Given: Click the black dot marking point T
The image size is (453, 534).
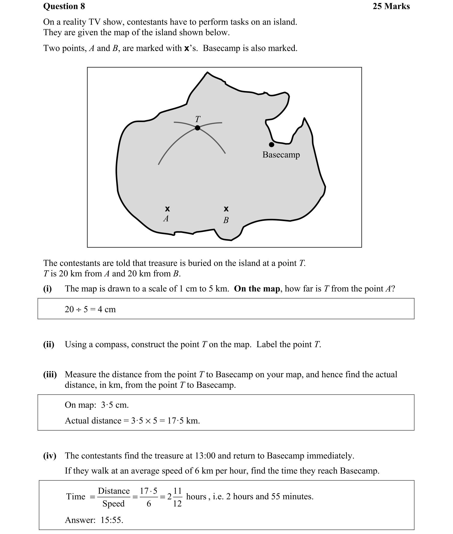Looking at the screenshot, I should [197, 128].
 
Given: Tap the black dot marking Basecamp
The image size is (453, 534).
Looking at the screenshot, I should [271, 145].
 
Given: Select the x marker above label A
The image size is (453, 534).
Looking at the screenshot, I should [167, 209].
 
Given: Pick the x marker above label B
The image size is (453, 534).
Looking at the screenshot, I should [226, 209].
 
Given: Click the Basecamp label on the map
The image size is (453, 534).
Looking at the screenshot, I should [281, 155].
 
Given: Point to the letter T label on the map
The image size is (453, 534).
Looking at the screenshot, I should [198, 119].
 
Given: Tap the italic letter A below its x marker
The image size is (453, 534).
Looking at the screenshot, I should [166, 218].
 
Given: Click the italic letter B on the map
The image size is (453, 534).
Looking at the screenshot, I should [226, 220].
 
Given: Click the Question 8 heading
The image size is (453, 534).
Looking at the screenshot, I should [64, 6].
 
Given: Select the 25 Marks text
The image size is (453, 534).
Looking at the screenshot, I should [391, 6].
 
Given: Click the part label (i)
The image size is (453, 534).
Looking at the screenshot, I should [48, 289].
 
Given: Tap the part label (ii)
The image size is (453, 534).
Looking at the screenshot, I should [49, 344].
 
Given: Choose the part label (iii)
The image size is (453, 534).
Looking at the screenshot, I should [50, 375].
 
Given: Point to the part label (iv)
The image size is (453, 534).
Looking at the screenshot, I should [50, 456].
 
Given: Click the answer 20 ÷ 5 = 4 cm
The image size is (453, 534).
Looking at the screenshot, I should [90, 309].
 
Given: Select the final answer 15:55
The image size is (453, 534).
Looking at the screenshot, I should [112, 520].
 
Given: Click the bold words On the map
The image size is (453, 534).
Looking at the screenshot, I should [257, 289].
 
